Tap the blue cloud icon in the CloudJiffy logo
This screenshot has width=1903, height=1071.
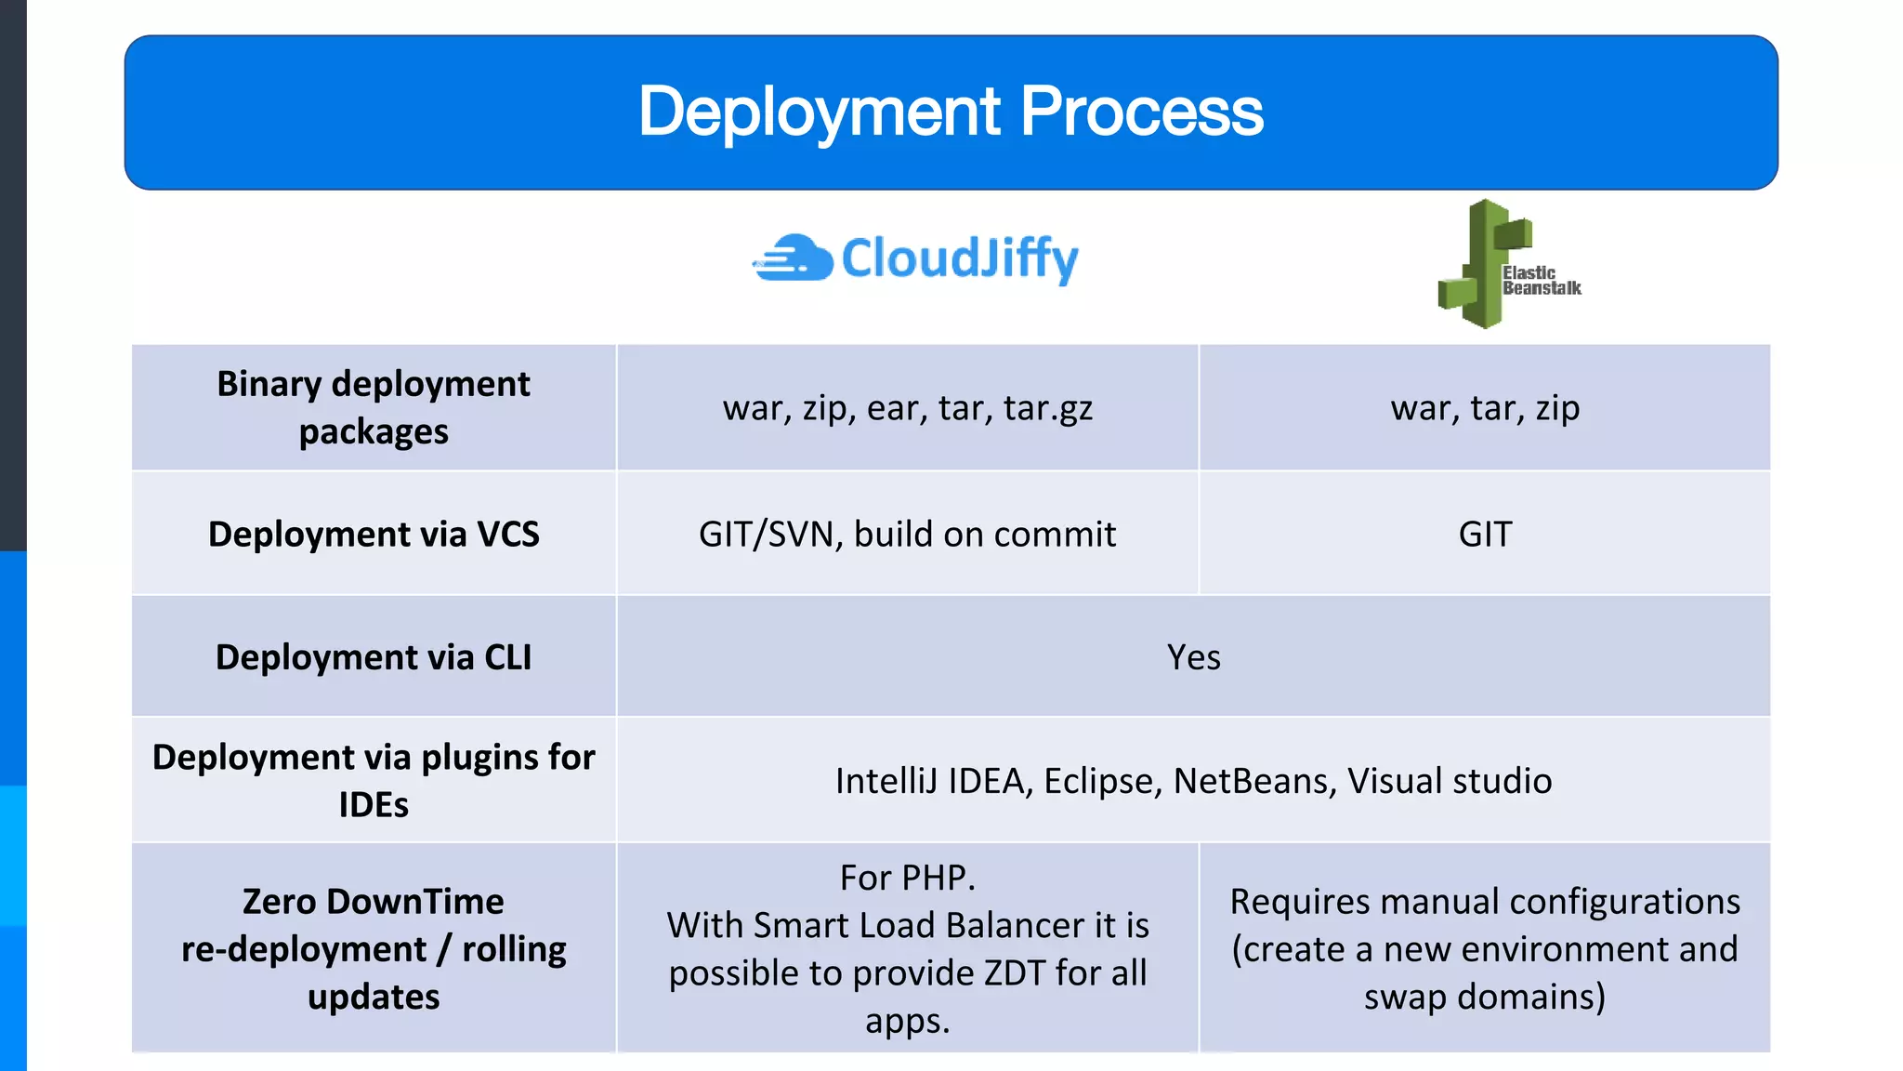(x=795, y=258)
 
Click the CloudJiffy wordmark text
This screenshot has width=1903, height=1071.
(x=959, y=258)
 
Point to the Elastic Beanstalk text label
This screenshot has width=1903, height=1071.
(x=1541, y=280)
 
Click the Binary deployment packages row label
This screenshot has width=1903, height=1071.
(x=374, y=407)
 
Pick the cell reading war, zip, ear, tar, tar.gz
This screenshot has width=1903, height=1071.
(x=907, y=408)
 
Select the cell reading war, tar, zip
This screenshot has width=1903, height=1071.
(x=1485, y=408)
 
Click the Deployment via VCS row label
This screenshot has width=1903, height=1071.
(x=374, y=534)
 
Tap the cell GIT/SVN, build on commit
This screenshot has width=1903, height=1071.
(x=907, y=534)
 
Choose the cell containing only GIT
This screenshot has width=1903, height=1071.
(x=1485, y=534)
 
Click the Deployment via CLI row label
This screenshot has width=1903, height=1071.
(x=374, y=656)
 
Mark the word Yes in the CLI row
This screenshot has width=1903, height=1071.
(x=1193, y=656)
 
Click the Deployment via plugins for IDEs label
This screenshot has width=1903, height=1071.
(x=374, y=780)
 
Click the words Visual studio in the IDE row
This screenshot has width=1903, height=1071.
(x=1450, y=781)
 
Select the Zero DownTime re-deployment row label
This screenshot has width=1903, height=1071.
(x=374, y=948)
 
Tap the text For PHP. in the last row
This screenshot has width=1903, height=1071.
(x=907, y=878)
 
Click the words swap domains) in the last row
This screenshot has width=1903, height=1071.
(x=1485, y=997)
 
